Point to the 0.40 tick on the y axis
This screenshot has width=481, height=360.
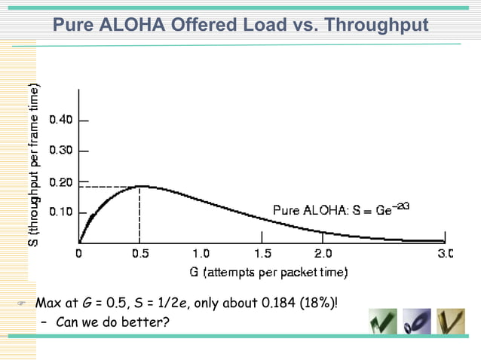pos(62,120)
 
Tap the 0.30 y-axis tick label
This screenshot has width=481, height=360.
pos(62,151)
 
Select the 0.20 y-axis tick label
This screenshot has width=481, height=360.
pos(62,182)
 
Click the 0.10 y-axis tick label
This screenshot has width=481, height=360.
pos(62,212)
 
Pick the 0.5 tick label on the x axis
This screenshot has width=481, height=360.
pos(140,254)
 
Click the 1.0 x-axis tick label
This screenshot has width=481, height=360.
pos(201,254)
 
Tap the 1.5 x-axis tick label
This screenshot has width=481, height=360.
pos(262,254)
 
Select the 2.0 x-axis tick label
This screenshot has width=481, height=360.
pos(323,254)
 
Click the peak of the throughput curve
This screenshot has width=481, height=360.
pos(140,186)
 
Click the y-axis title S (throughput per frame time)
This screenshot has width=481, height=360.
pos(35,163)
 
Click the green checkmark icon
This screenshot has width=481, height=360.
pos(382,322)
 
